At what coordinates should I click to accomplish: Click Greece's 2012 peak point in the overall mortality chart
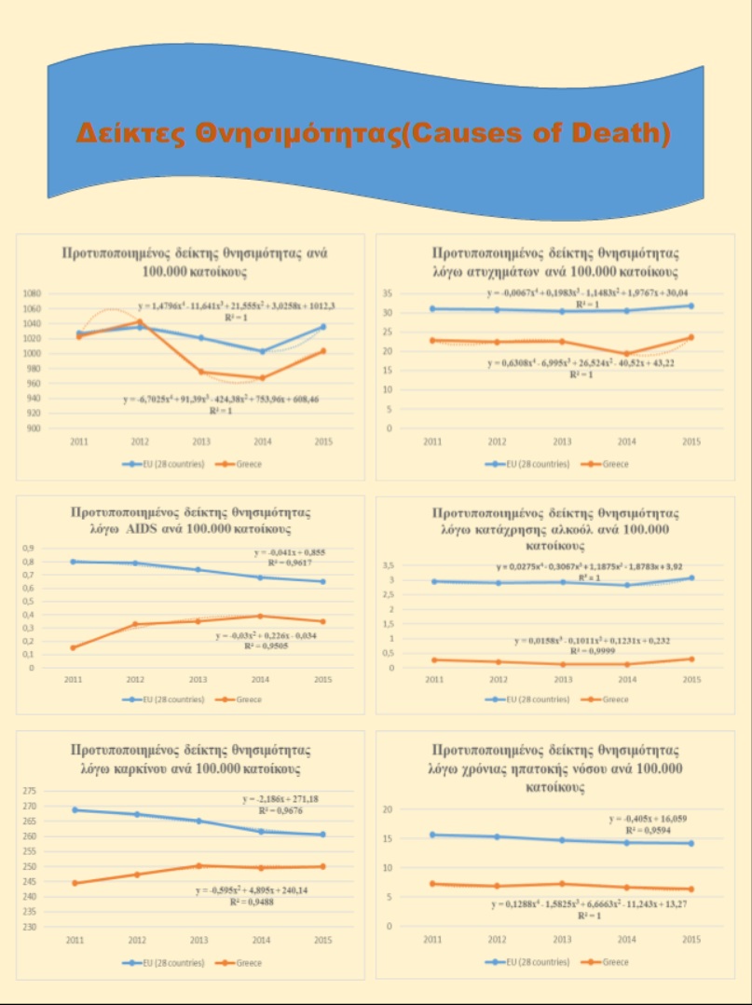140,322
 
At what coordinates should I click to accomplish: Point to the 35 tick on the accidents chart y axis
390,293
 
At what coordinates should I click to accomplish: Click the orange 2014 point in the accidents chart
626,354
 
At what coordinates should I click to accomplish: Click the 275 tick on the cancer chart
30,791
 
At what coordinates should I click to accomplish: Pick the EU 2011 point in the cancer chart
74,809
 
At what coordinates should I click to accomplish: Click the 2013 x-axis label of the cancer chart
198,942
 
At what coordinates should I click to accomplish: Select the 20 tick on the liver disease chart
389,809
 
